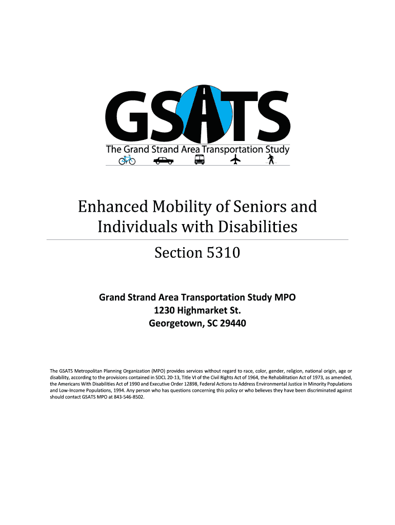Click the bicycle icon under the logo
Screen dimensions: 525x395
tap(127, 160)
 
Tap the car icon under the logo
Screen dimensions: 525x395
tap(164, 160)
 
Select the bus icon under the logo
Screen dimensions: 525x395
tap(200, 160)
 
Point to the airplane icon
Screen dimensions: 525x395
tap(235, 160)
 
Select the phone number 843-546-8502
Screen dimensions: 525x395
tap(127, 397)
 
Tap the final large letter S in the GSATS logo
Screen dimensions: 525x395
tap(271, 117)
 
